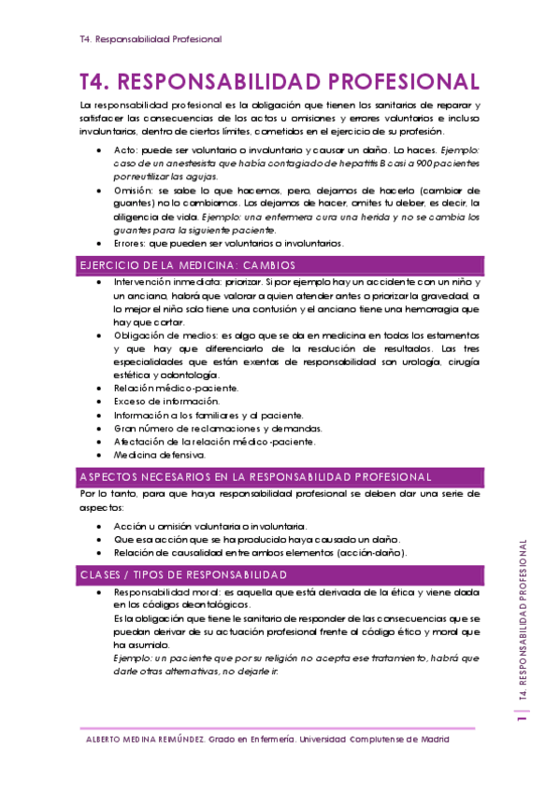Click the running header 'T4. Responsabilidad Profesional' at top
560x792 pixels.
click(151, 39)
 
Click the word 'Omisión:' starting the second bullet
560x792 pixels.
click(133, 190)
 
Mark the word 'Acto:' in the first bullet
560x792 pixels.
click(125, 149)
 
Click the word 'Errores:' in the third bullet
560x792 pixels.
click(131, 244)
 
